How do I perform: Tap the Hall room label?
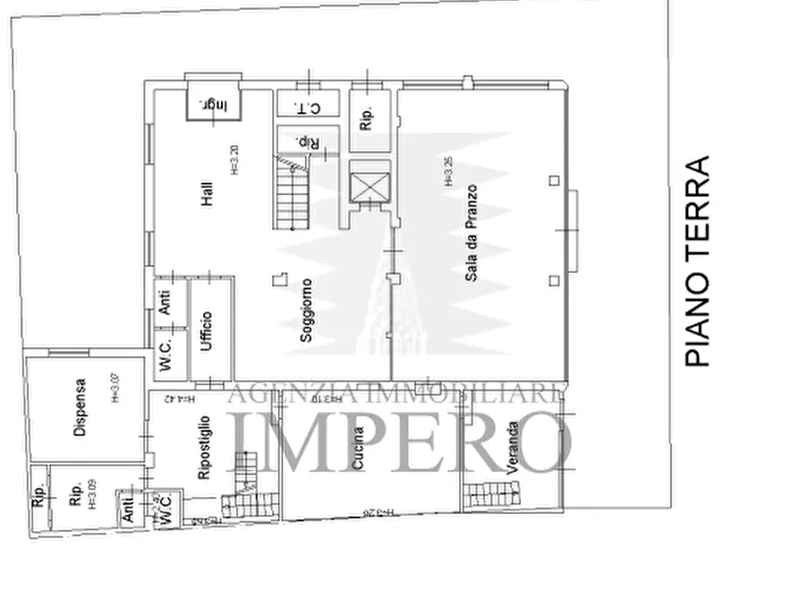[208, 193]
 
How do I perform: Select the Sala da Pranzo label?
[471, 234]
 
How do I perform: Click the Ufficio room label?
[207, 330]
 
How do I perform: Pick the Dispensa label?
[80, 408]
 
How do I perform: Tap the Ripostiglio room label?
[204, 447]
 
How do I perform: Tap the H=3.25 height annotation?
[448, 171]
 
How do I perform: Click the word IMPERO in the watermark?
[401, 441]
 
